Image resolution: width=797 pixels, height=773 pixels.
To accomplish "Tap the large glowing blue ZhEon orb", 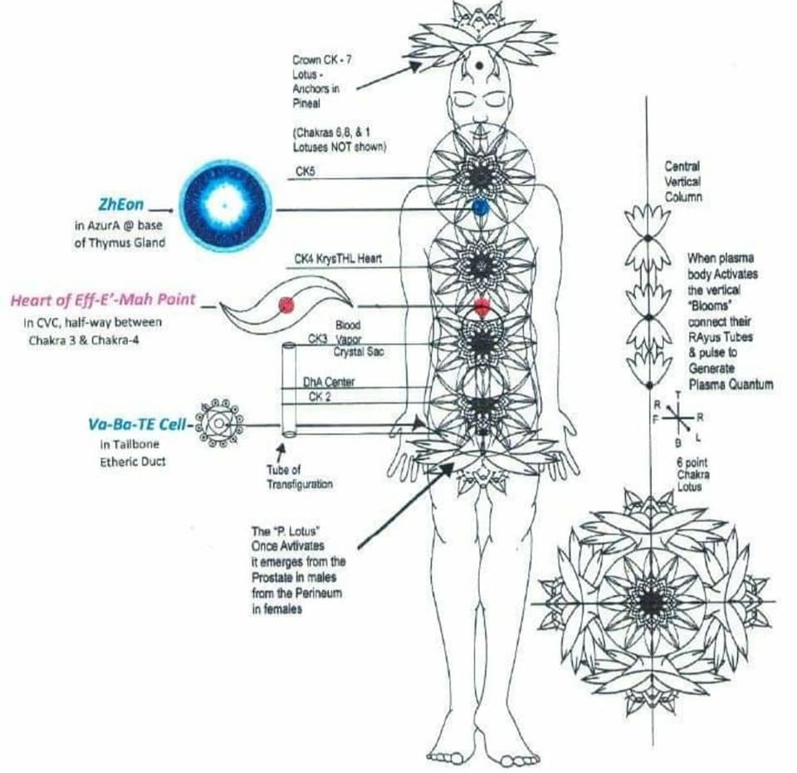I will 223,205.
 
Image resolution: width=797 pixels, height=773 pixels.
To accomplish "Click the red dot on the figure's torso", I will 482,306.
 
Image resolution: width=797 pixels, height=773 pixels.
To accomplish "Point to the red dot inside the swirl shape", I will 286,305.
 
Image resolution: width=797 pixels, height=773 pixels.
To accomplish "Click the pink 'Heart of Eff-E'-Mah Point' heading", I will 103,300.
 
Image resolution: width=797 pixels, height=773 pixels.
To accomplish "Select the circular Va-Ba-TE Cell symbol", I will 218,425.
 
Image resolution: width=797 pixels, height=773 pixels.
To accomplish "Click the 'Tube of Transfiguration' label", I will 299,477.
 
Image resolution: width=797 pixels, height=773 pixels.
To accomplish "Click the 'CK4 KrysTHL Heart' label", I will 337,260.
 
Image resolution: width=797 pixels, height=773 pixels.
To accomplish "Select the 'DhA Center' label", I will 329,382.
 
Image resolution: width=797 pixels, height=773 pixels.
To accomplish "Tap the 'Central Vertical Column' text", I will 682,182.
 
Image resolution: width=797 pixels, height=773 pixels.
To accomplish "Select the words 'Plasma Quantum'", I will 731,384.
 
